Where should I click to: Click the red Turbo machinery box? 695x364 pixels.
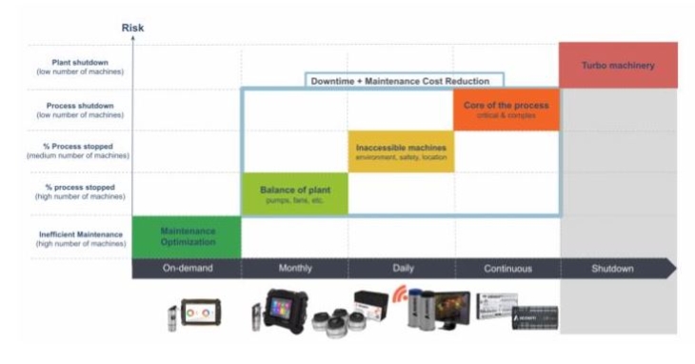618,65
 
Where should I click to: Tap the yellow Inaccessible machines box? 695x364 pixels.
401,152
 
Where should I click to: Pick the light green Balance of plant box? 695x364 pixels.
295,193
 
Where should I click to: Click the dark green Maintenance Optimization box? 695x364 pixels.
187,236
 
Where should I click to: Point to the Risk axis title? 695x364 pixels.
133,28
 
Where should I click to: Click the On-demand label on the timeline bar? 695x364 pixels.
187,269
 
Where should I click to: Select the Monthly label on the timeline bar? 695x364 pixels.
294,269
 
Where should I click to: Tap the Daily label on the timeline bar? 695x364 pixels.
402,269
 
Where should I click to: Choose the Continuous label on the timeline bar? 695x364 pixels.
507,269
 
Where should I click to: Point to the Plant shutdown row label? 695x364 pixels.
84,65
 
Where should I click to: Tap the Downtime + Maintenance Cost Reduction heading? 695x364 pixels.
406,82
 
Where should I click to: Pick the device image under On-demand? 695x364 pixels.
200,312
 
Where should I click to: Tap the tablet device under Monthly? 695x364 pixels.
285,307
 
